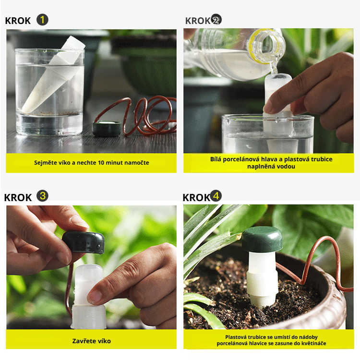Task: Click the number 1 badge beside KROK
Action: [x=42, y=20]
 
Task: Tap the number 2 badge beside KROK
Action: [x=216, y=20]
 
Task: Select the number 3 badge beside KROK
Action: [x=42, y=196]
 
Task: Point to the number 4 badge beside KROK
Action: [x=216, y=196]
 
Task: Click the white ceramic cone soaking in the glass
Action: [x=53, y=76]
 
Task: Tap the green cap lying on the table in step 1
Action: [x=107, y=128]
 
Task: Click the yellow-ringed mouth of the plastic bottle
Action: [x=266, y=46]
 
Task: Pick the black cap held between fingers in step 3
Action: [x=84, y=242]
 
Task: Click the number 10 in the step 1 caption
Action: [x=101, y=163]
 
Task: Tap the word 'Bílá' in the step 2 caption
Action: [x=216, y=159]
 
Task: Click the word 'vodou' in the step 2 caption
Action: [x=287, y=167]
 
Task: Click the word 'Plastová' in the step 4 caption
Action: [x=236, y=337]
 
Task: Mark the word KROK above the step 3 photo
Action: [x=18, y=197]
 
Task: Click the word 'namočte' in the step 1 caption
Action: [x=139, y=163]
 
